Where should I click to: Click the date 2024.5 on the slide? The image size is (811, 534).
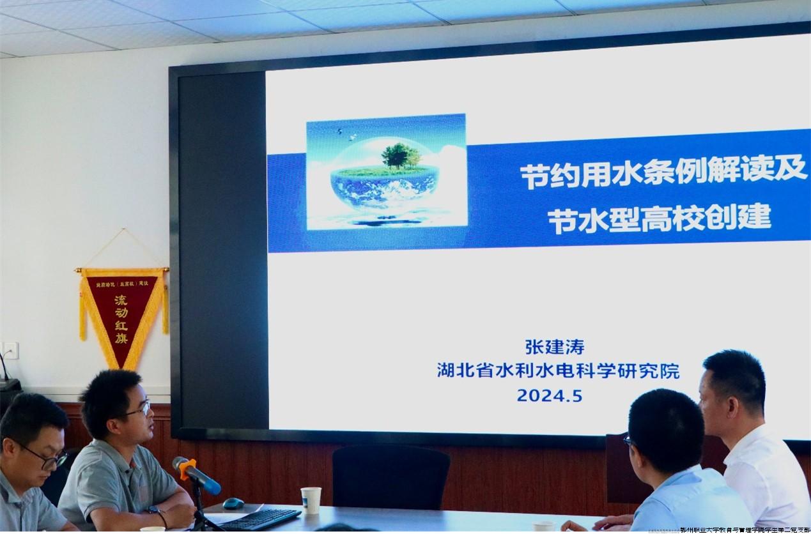click(x=549, y=395)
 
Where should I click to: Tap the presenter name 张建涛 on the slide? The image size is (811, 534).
click(x=554, y=347)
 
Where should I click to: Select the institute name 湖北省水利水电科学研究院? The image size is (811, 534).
click(x=558, y=371)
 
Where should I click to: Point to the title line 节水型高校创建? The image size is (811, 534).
click(x=659, y=219)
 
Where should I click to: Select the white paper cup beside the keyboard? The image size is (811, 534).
click(x=311, y=500)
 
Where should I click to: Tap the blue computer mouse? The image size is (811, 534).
click(x=233, y=503)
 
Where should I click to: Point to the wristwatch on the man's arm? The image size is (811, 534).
click(x=154, y=511)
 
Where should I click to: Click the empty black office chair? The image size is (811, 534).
click(x=390, y=477)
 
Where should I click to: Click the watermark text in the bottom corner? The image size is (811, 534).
click(x=745, y=530)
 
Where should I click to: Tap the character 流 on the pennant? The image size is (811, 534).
click(x=121, y=300)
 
